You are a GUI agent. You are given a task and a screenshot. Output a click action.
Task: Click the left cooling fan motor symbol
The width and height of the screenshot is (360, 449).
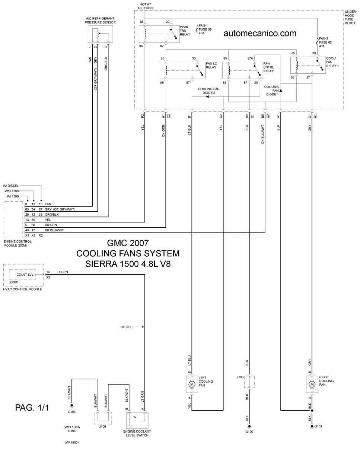[192, 384]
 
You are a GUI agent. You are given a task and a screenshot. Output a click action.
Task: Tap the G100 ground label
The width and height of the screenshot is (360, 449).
[249, 432]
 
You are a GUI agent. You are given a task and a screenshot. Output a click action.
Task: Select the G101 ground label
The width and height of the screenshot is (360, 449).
[318, 426]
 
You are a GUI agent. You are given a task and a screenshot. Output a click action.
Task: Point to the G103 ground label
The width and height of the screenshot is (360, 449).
[72, 412]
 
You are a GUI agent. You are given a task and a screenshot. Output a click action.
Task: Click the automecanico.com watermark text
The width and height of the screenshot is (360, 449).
[260, 33]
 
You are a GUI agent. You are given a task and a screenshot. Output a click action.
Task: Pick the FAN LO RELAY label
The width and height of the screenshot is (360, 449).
[211, 65]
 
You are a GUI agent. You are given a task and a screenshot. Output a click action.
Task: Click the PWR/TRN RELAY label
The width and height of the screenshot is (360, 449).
[185, 31]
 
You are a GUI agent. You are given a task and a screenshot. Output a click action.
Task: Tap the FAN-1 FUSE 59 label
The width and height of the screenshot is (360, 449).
[205, 29]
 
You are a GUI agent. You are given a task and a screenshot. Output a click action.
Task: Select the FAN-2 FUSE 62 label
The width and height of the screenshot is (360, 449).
[325, 42]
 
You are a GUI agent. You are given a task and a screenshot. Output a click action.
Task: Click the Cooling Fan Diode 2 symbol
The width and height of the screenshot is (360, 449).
[207, 97]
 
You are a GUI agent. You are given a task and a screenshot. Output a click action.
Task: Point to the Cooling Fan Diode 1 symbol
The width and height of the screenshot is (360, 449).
[281, 90]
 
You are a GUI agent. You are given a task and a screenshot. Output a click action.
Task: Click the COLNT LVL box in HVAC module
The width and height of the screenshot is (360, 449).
[22, 275]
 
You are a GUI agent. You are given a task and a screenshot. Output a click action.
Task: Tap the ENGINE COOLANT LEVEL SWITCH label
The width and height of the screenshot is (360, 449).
[137, 433]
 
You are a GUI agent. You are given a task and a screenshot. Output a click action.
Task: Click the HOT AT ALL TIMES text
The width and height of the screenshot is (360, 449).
[145, 6]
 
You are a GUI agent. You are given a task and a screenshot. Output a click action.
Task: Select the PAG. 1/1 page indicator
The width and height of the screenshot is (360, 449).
[32, 408]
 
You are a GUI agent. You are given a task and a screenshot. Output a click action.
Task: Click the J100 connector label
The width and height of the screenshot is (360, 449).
[240, 377]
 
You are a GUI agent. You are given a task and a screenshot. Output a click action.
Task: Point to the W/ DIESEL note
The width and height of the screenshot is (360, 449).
[11, 186]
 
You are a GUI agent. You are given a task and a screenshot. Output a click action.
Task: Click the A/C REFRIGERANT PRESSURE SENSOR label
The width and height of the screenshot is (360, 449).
[100, 20]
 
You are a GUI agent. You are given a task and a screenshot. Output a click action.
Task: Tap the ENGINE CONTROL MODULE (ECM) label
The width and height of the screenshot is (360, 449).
[17, 243]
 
